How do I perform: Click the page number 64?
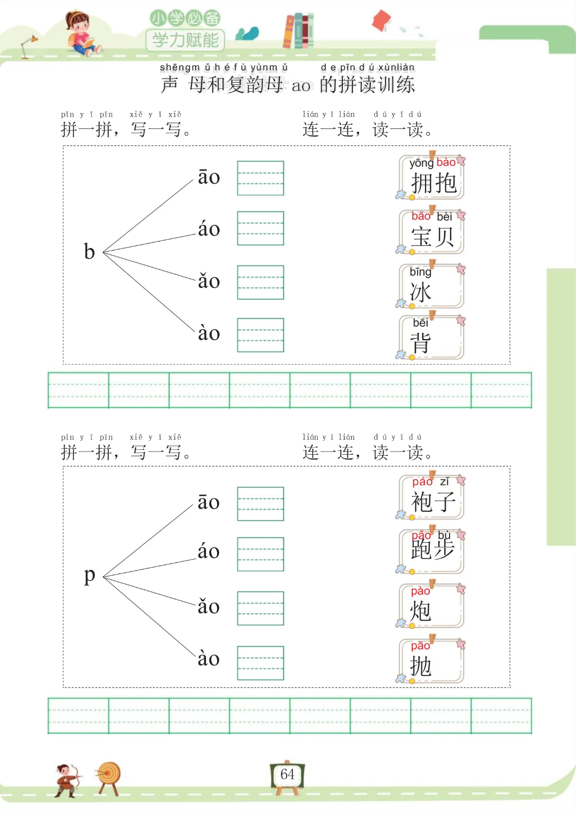point(287,775)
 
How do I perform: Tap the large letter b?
point(89,251)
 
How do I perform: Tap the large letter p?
point(89,576)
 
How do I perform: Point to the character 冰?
point(420,292)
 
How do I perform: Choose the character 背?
point(420,343)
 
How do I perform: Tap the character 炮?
point(420,611)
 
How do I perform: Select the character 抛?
point(420,666)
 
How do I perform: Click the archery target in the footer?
point(109,776)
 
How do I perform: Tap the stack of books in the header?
point(298,31)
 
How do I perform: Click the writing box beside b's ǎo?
point(260,282)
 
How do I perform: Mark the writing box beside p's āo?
point(260,504)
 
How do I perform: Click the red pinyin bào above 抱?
point(446,163)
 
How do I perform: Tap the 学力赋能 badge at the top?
point(185,40)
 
